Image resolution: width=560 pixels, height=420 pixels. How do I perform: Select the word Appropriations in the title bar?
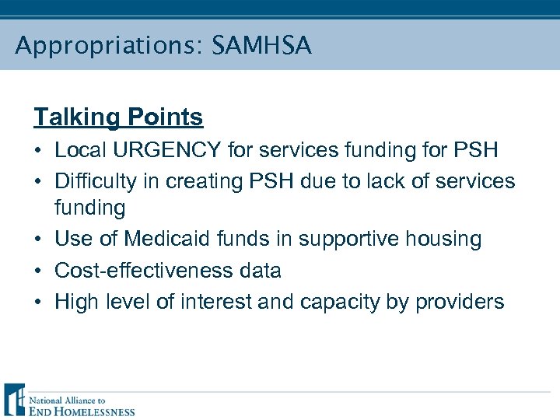[x=105, y=46]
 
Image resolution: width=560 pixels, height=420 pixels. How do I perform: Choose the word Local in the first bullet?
[x=77, y=150]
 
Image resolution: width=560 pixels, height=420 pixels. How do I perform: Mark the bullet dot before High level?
[x=38, y=303]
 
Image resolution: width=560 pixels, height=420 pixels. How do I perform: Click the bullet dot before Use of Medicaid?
[x=38, y=240]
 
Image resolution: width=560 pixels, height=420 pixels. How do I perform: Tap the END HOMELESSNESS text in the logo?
[x=82, y=411]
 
